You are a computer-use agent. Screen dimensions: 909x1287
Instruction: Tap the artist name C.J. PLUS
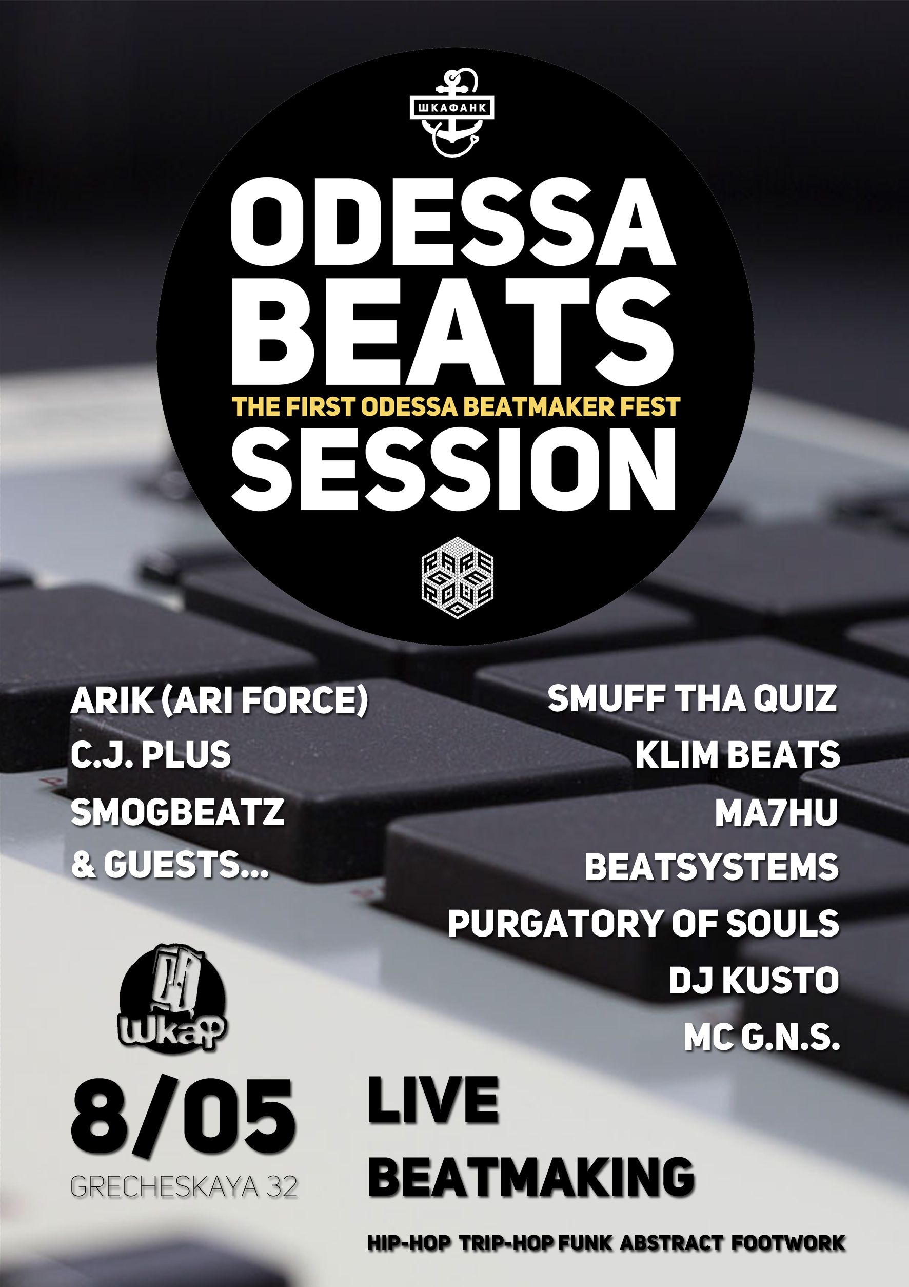pos(151,754)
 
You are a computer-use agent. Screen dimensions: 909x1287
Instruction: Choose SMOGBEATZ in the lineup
pos(177,811)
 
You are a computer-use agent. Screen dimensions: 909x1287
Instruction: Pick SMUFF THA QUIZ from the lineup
pos(691,699)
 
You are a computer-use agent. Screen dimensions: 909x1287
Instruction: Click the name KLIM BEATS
pos(738,754)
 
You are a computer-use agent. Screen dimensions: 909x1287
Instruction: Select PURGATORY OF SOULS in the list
pos(643,923)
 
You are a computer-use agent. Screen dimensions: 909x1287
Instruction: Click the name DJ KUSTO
pos(754,980)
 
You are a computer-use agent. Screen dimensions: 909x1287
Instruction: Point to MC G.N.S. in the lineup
pos(762,1038)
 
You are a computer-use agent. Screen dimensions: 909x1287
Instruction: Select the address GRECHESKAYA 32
pos(184,1183)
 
